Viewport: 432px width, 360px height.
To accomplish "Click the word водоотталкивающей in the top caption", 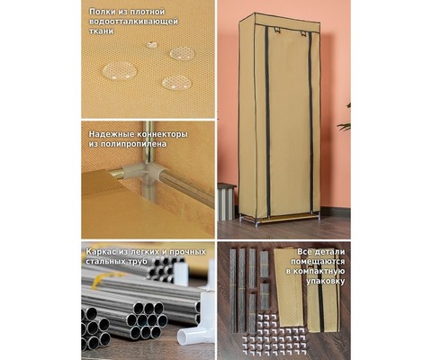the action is [x=134, y=22].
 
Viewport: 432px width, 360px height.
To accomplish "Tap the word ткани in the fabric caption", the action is [x=102, y=31].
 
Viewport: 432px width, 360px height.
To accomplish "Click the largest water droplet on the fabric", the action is [x=120, y=71].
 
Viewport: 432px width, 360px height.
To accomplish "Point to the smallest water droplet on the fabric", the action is [x=152, y=45].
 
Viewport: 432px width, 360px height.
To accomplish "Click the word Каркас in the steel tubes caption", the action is [x=100, y=252].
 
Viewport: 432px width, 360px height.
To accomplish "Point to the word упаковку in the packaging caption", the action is [x=326, y=282].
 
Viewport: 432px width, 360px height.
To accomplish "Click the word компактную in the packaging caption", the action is [x=319, y=271].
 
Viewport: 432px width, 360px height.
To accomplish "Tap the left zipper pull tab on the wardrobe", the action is [x=275, y=30].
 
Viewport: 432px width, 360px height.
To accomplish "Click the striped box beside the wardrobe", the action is [x=226, y=202].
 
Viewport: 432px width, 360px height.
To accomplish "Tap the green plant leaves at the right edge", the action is [x=345, y=120].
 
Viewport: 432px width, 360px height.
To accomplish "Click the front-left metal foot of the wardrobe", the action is [x=256, y=224].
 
